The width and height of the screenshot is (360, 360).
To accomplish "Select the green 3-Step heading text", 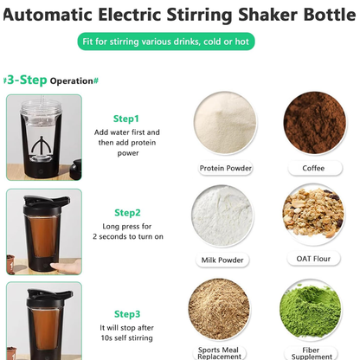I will (25, 80).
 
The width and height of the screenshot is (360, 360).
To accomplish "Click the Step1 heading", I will (126, 119).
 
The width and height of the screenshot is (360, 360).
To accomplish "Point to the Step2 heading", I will (126, 212).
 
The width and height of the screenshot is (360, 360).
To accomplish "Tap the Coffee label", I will (313, 168).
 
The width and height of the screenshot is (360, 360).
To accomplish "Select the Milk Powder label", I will (223, 260).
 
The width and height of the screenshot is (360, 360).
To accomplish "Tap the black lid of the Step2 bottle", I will (44, 201).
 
